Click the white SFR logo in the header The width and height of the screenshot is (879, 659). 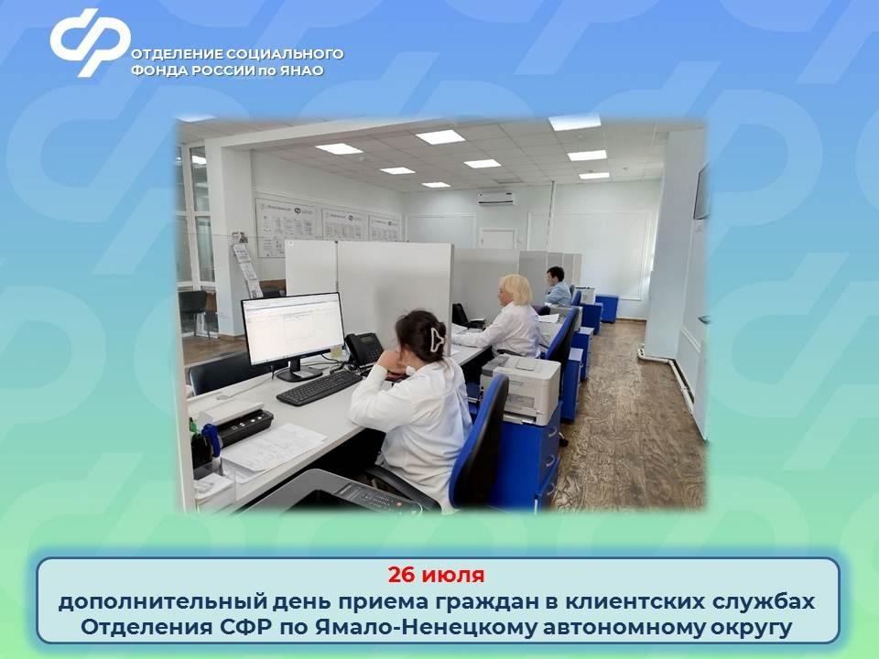click(90, 40)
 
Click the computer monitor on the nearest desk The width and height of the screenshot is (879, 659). click(292, 329)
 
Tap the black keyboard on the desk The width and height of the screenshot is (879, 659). click(319, 387)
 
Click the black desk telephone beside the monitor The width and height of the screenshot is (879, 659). click(363, 349)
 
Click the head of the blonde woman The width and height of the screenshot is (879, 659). click(515, 290)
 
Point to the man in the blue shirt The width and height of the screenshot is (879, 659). click(557, 287)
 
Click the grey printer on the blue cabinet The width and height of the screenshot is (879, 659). click(521, 388)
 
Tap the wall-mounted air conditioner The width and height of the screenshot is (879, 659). click(495, 198)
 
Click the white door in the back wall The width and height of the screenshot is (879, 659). click(497, 238)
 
